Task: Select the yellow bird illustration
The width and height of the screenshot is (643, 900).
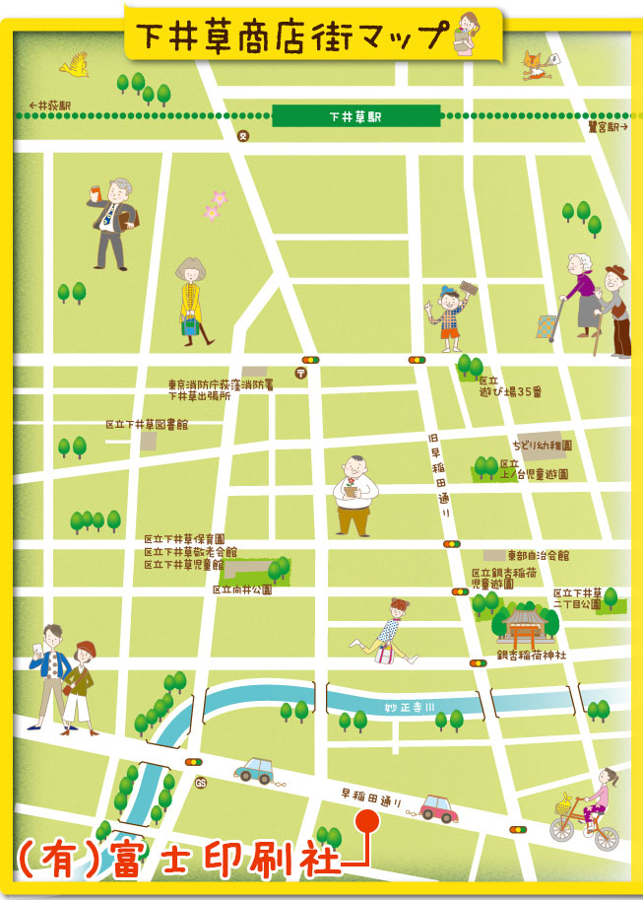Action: [x=74, y=65]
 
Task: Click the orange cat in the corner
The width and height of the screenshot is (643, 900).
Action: [x=537, y=64]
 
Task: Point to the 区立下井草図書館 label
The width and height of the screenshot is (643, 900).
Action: [x=147, y=424]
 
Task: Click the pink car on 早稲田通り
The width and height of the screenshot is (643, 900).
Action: [x=436, y=809]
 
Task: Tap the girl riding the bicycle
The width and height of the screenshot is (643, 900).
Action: [x=589, y=812]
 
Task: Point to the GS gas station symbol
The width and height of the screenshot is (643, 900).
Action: [x=201, y=784]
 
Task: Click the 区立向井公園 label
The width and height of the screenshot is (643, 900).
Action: [x=241, y=589]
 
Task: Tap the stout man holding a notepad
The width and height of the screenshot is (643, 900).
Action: [x=352, y=496]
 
